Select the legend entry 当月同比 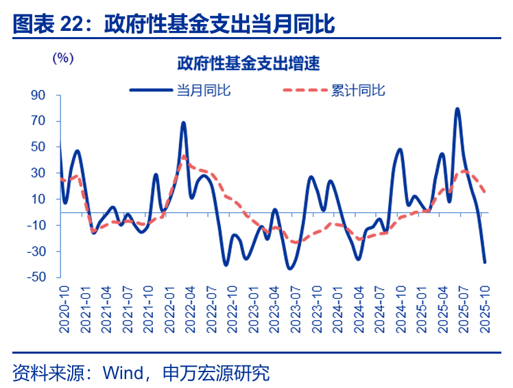(x=203, y=91)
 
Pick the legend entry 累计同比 (x=358, y=91)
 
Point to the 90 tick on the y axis (x=38, y=95)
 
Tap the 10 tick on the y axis (x=38, y=199)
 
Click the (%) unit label (x=62, y=58)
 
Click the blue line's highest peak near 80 (x=457, y=109)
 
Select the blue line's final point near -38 (x=485, y=262)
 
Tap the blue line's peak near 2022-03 (x=184, y=123)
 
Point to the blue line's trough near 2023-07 (x=289, y=268)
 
